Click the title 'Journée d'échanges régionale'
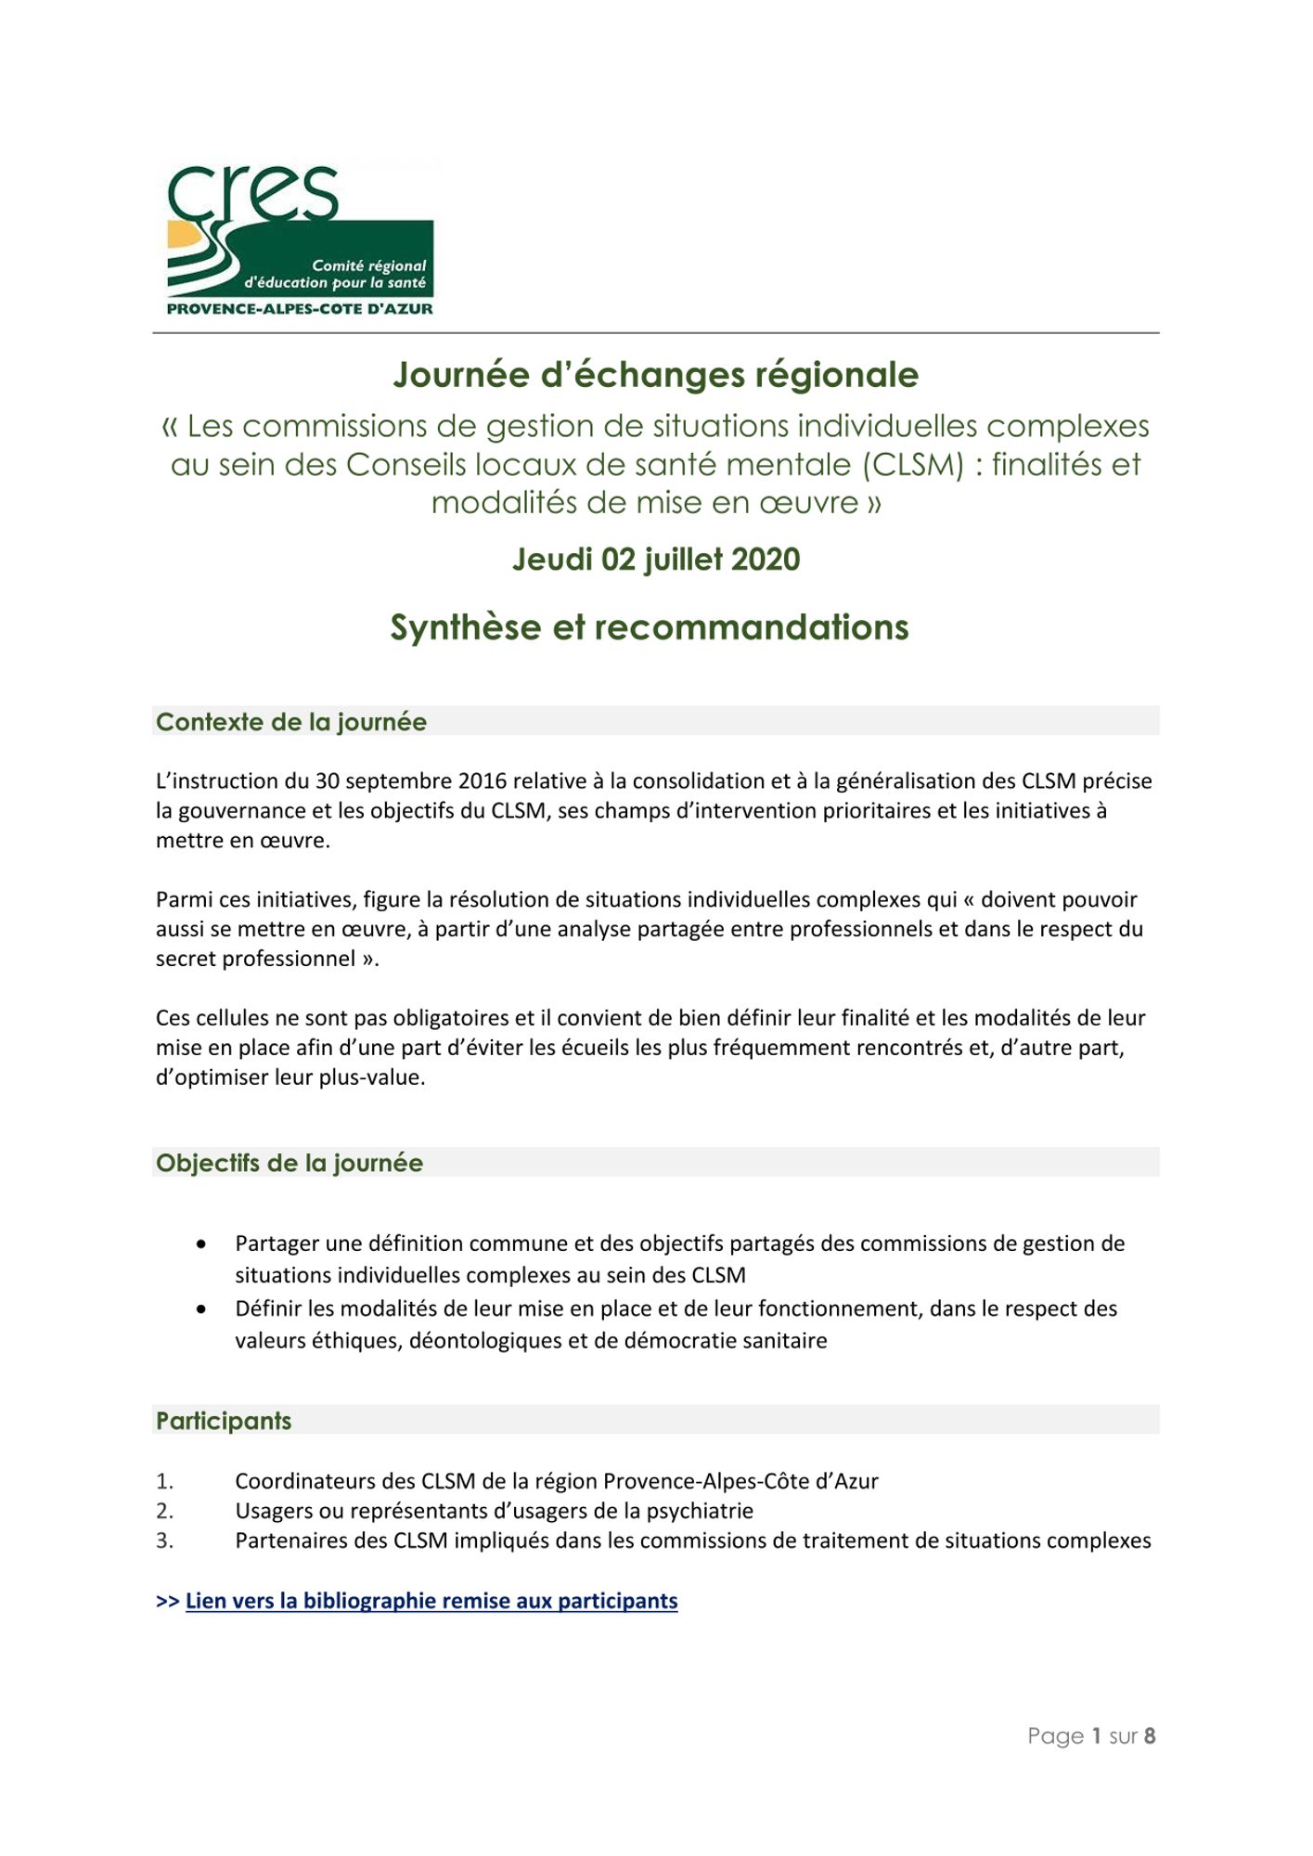[x=655, y=375]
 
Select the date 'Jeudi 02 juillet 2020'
[x=655, y=560]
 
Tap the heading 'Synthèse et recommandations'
[x=649, y=627]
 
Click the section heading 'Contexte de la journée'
[x=290, y=722]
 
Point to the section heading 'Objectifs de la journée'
[x=289, y=1163]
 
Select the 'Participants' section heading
[x=223, y=1421]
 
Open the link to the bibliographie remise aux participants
[x=431, y=1601]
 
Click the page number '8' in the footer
[x=1149, y=1735]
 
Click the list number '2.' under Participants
[x=164, y=1511]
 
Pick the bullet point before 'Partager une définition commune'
[x=201, y=1244]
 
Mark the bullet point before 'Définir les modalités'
[x=201, y=1308]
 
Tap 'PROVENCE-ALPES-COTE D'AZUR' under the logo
[x=299, y=309]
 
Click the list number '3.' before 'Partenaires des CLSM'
[x=164, y=1540]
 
